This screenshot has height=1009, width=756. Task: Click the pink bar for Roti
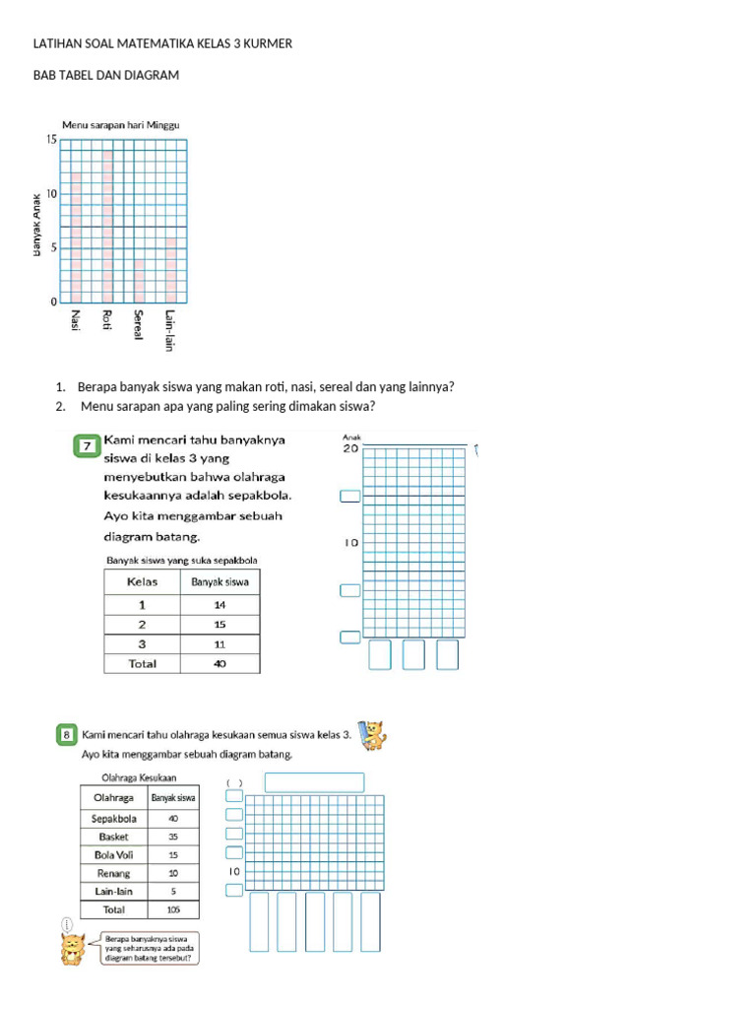point(108,227)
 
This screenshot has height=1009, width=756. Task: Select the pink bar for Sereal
point(140,280)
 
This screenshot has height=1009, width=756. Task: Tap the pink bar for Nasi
point(76,237)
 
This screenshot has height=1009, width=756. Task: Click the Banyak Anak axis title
point(36,225)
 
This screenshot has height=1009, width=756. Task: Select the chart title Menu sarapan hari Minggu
point(120,125)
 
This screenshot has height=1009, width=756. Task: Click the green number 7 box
point(88,447)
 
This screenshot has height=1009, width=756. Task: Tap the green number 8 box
point(67,734)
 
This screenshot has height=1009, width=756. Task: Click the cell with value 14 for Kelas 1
point(220,605)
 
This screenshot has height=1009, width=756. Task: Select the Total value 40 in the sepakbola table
point(220,664)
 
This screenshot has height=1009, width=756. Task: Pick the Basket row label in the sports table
point(114,837)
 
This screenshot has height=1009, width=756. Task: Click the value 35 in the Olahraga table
point(173,837)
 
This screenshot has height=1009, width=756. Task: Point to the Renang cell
point(114,873)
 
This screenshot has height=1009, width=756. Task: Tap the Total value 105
point(173,909)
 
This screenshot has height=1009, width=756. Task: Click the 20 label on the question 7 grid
point(350,448)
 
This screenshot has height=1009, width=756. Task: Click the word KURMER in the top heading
point(270,45)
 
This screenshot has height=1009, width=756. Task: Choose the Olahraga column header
point(114,798)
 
